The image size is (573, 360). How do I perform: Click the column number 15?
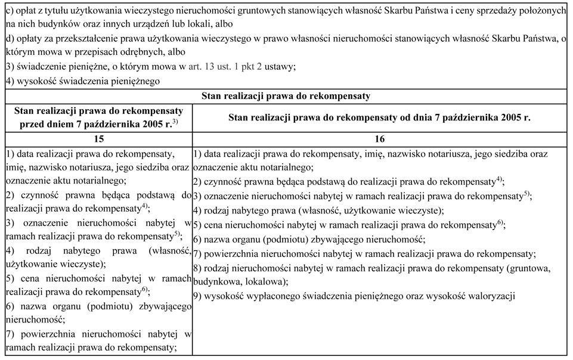tap(99, 139)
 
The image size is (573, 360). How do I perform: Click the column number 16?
tap(380, 139)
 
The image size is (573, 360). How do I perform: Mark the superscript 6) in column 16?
tap(501, 222)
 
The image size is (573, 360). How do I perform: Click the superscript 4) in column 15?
tap(145, 206)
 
